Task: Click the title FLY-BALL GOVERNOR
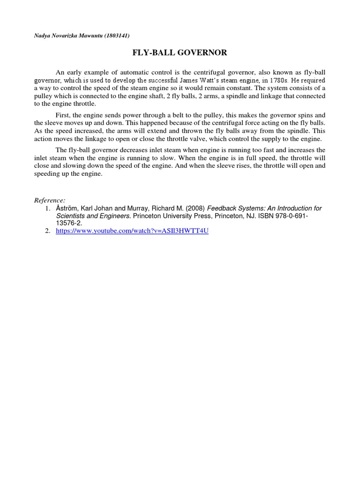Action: [x=180, y=53]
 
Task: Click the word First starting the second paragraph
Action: [x=63, y=115]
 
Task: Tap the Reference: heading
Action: [x=50, y=200]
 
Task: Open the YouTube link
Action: [x=132, y=232]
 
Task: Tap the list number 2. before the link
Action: [x=48, y=232]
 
